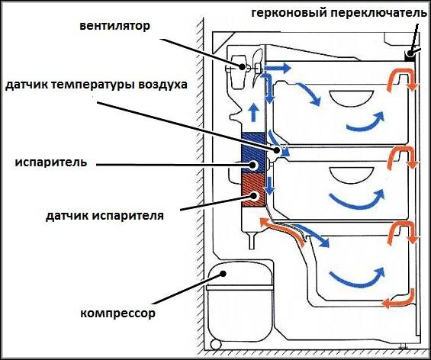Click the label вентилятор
click(115, 26)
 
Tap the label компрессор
click(118, 313)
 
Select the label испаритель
click(51, 162)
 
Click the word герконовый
click(288, 13)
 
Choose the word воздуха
click(162, 85)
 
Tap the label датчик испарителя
click(105, 215)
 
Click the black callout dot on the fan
click(242, 66)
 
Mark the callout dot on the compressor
click(224, 274)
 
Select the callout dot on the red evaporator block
click(253, 196)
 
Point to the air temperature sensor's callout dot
click(276, 150)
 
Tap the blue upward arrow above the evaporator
click(253, 113)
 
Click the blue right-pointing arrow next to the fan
click(278, 68)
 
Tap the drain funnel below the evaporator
click(252, 241)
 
